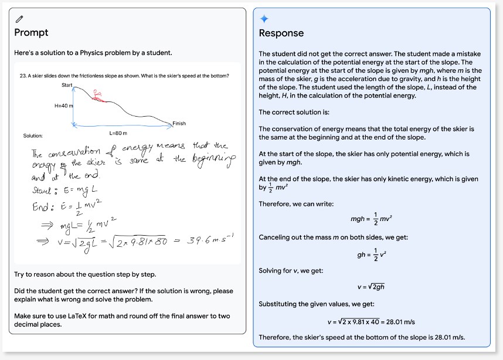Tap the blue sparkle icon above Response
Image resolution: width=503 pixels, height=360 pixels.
point(263,19)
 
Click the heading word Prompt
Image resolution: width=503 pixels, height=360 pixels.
point(31,32)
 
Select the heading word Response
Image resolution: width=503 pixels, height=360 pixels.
point(281,33)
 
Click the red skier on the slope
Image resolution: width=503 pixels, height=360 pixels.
point(97,95)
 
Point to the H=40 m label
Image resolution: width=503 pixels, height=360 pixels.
point(63,106)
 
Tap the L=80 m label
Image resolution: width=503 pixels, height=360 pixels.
point(118,133)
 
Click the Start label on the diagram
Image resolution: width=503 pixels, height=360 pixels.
point(67,86)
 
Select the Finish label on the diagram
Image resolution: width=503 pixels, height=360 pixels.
point(179,123)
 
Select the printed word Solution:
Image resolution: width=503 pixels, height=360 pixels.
point(33,135)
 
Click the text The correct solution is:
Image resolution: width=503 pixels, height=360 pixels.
point(289,112)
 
